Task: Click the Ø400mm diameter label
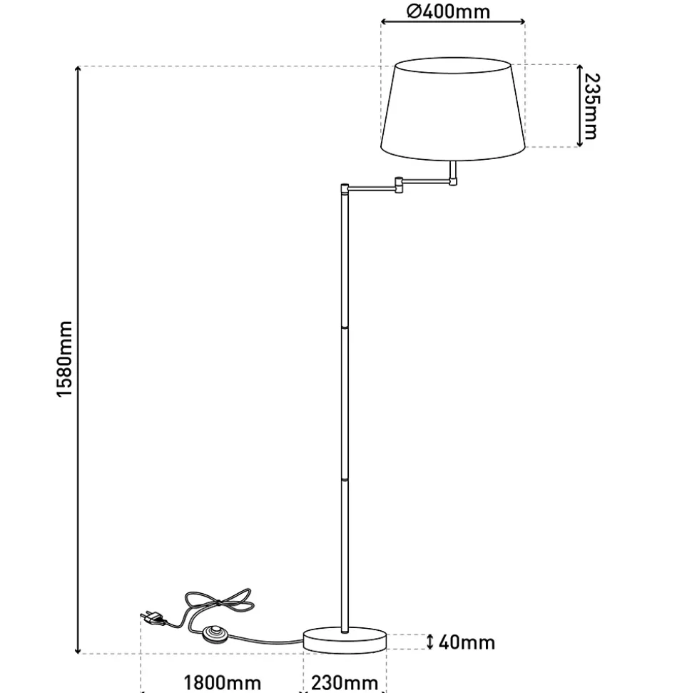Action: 448,11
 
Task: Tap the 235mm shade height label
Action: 591,106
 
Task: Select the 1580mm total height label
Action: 64,359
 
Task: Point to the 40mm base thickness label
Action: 467,642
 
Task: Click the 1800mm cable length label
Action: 222,683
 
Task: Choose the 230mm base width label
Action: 345,683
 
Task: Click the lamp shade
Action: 453,108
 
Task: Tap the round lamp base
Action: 345,640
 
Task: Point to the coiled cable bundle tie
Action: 218,603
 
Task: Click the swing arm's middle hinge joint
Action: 399,186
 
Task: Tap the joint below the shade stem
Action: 453,181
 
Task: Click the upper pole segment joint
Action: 345,328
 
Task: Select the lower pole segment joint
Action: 345,480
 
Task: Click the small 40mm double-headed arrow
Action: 430,642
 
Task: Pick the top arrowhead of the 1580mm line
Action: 78,69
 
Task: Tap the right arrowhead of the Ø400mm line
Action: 522,21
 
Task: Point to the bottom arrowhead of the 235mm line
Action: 579,143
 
